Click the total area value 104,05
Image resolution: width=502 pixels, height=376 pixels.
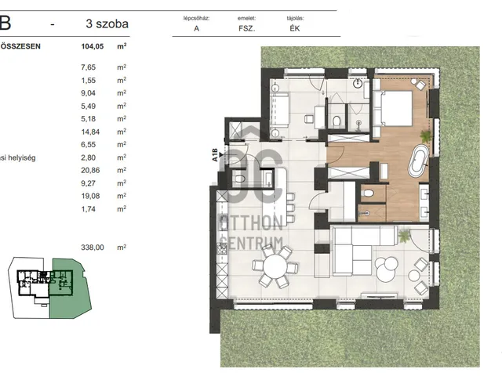[x=93, y=46]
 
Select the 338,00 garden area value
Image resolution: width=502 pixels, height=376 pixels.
[x=93, y=248]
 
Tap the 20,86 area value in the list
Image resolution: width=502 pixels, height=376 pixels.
[x=90, y=171]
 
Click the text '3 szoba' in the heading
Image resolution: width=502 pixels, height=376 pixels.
[x=107, y=23]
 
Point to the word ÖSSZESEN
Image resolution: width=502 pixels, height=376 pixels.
[x=20, y=46]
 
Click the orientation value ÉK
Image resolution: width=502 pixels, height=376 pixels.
[x=295, y=28]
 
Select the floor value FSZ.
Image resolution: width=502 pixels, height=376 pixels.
[x=247, y=28]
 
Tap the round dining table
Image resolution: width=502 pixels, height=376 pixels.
[x=275, y=266]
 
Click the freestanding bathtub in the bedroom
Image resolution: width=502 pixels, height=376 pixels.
[x=419, y=161]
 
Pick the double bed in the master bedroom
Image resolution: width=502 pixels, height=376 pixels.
[x=392, y=109]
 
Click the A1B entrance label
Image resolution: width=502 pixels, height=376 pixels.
[x=215, y=155]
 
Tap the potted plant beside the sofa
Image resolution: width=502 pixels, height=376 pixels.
[x=404, y=236]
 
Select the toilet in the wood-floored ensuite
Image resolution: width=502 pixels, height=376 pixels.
[x=368, y=193]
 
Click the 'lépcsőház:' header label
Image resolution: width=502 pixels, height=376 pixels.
[x=196, y=18]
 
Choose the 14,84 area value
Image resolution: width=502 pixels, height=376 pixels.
[x=90, y=132]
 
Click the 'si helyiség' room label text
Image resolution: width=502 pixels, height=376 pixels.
[x=18, y=157]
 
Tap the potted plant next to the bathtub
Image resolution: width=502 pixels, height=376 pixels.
[x=426, y=136]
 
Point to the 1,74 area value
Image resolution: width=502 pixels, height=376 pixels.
[x=89, y=209]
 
